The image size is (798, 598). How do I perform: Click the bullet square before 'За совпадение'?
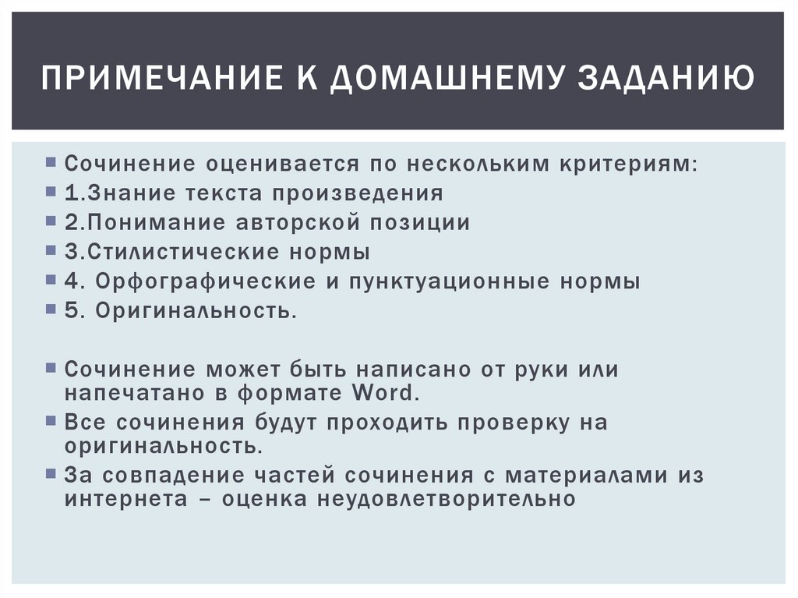tap(51, 472)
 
